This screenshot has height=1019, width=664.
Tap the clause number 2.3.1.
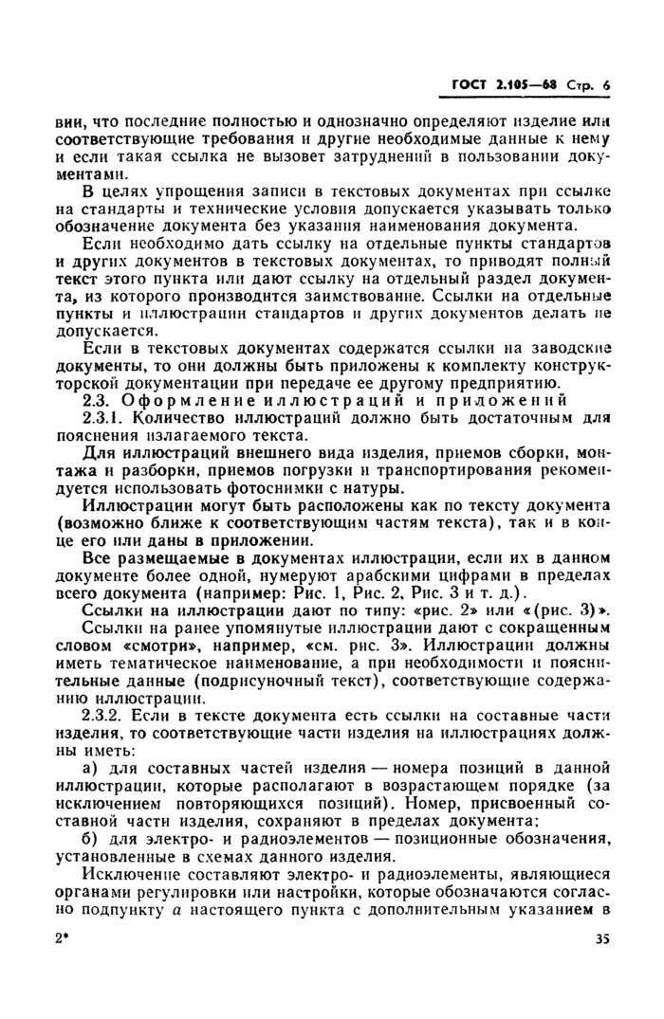tap(105, 417)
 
